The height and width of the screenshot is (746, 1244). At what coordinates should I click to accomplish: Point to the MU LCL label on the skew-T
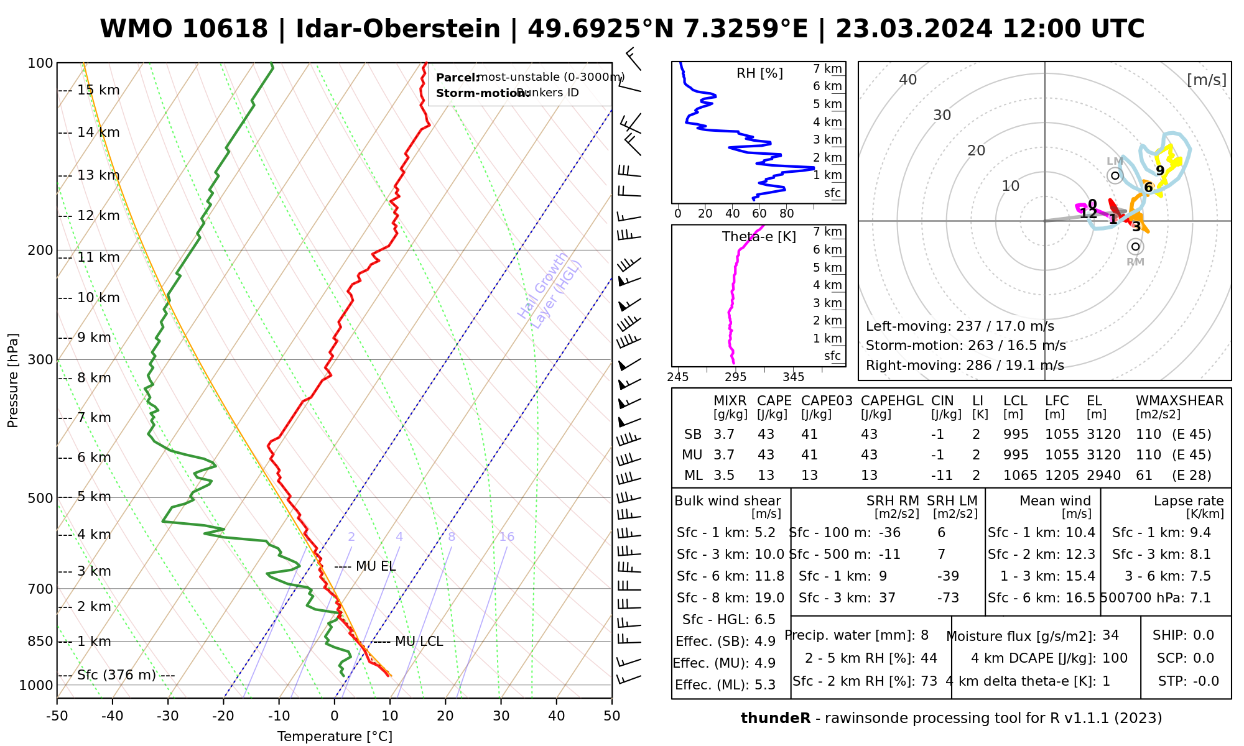[419, 642]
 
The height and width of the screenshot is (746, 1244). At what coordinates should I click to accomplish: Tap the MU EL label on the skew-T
[376, 566]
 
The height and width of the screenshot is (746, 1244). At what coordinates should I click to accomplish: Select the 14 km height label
[98, 132]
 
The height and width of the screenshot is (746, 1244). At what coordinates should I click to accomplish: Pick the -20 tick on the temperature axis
[223, 716]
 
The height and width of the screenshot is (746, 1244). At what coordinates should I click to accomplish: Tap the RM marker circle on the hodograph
[1135, 247]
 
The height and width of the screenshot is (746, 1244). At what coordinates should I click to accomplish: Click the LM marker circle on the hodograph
[1115, 175]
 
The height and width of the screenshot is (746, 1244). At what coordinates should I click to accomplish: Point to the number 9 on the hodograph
[1160, 170]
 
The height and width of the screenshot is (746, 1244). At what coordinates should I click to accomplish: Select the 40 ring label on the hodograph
[908, 80]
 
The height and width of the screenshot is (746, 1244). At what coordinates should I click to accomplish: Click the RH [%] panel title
[759, 73]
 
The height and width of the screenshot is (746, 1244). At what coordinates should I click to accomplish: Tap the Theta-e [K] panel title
[759, 237]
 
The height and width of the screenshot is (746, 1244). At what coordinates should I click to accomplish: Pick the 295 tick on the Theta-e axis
[736, 377]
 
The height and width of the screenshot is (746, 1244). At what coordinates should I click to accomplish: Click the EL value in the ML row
[1103, 476]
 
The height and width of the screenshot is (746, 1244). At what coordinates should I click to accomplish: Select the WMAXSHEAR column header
[1179, 401]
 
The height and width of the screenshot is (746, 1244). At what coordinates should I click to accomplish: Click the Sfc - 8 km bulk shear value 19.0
[769, 598]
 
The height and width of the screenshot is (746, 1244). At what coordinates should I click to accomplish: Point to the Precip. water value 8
[924, 635]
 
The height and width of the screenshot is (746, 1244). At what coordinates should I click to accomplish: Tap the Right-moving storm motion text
[965, 365]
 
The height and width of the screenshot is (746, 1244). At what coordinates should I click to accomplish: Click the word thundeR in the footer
[775, 719]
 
